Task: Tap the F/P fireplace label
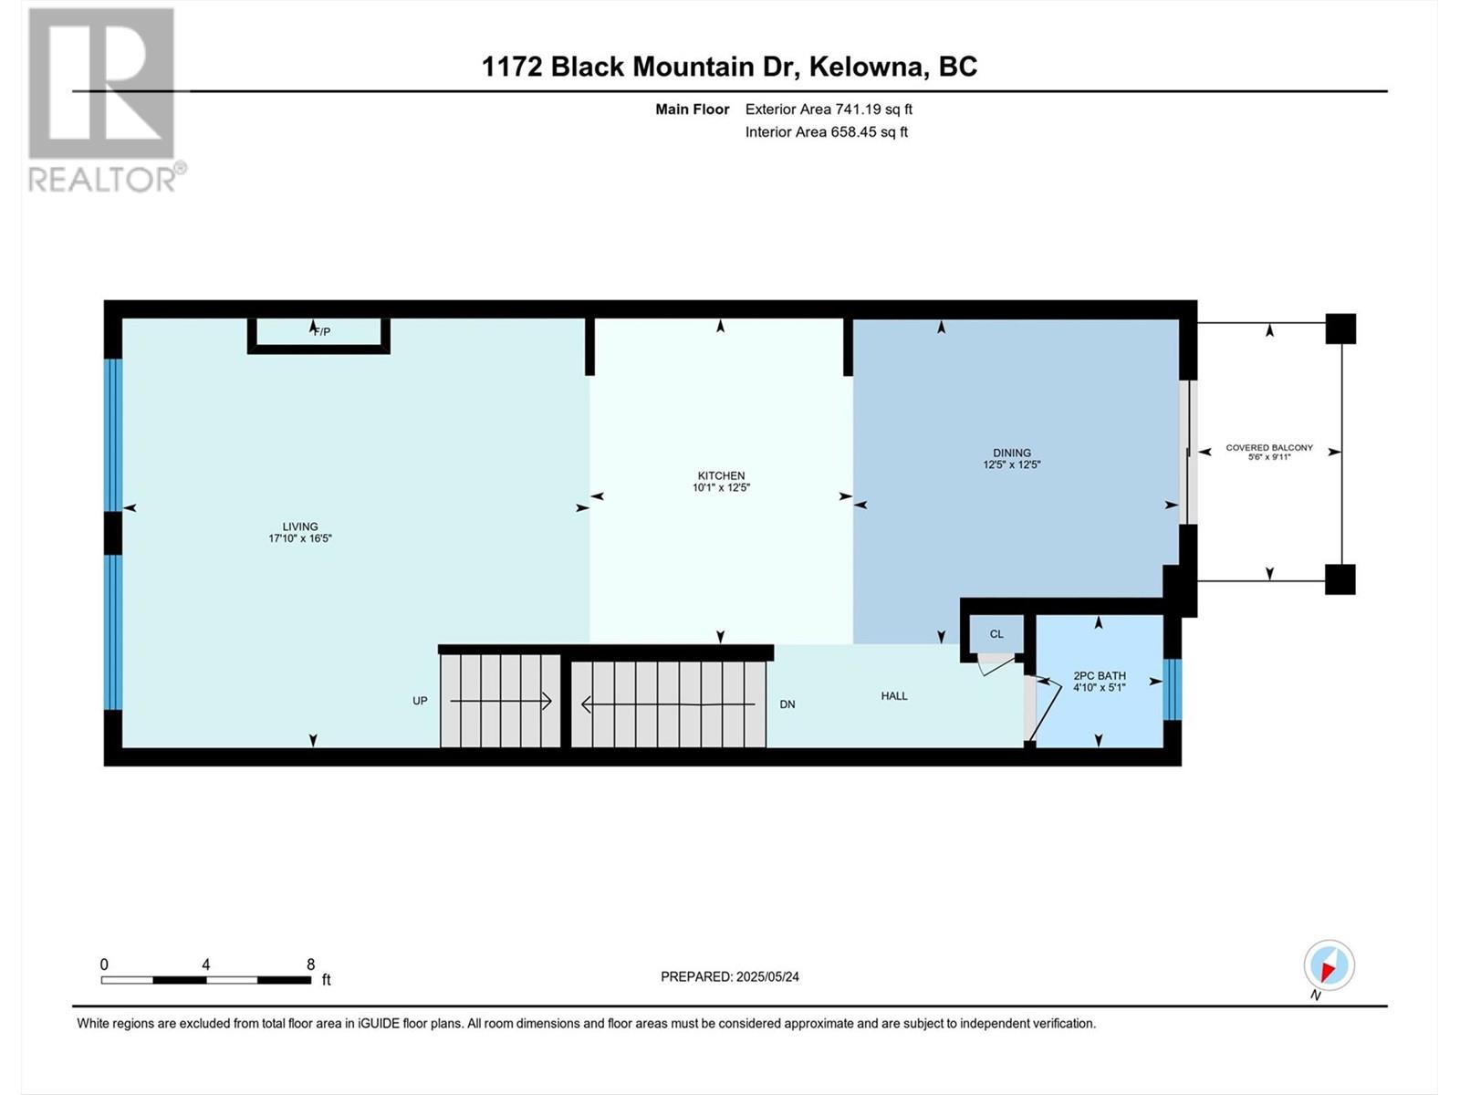322,332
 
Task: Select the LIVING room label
300,526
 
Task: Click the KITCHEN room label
721,475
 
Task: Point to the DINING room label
1012,453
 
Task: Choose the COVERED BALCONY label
1269,447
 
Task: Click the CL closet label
996,633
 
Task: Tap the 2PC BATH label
1100,675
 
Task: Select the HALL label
894,696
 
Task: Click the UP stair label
420,701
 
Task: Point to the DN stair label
787,704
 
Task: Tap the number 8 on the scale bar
310,964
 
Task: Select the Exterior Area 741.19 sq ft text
829,109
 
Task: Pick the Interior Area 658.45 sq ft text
826,131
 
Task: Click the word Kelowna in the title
868,67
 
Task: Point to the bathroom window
1172,690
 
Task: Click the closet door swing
996,664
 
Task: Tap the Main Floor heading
693,109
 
